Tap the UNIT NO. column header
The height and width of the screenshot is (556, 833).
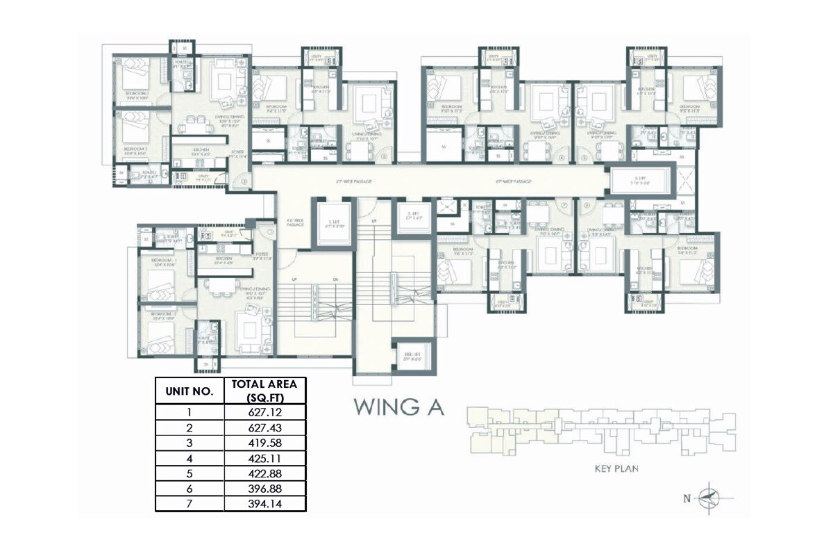coord(188,391)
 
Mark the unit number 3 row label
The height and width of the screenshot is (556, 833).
coord(188,443)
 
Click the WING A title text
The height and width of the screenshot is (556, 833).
coord(398,407)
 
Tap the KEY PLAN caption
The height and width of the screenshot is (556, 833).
coord(616,468)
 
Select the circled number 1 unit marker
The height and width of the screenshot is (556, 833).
coord(244,182)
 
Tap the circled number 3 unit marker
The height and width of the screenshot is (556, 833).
coord(383,158)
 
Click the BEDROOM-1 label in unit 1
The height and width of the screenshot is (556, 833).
coord(137,92)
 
